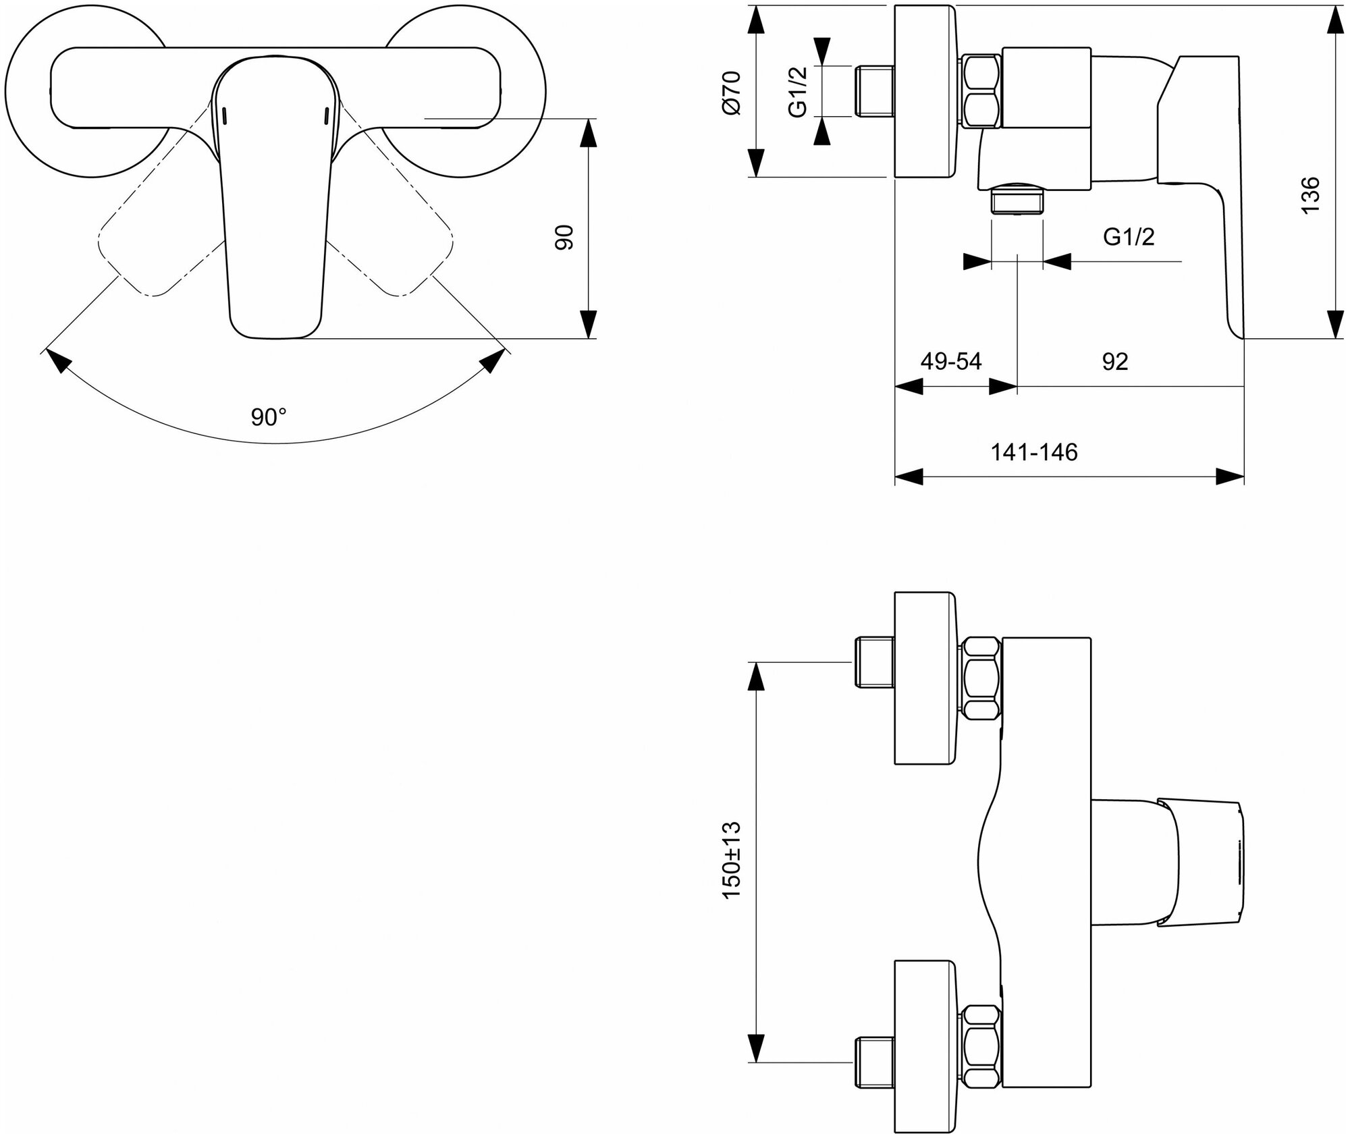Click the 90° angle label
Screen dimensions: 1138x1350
[x=269, y=417]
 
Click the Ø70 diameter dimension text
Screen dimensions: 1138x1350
[x=732, y=92]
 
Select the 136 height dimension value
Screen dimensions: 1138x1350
[x=1309, y=195]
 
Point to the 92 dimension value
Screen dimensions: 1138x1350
[x=1115, y=362]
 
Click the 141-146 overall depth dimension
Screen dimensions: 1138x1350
[x=1033, y=452]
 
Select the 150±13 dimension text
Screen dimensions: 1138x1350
[x=732, y=859]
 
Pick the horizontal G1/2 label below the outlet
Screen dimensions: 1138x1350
[x=1129, y=237]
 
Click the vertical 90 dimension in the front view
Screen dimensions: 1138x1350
[x=564, y=237]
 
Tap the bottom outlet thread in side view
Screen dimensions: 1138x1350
[x=1017, y=201]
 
